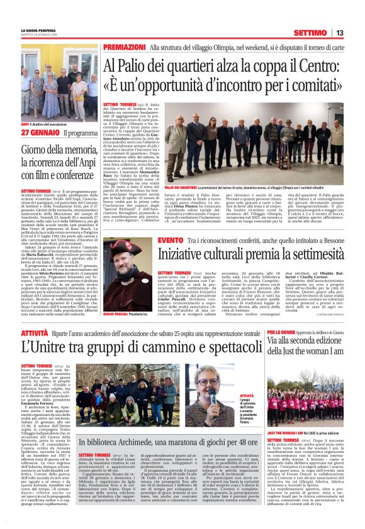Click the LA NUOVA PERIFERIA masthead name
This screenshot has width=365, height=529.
coord(39,30)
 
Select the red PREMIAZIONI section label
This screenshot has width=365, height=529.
coord(123,48)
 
